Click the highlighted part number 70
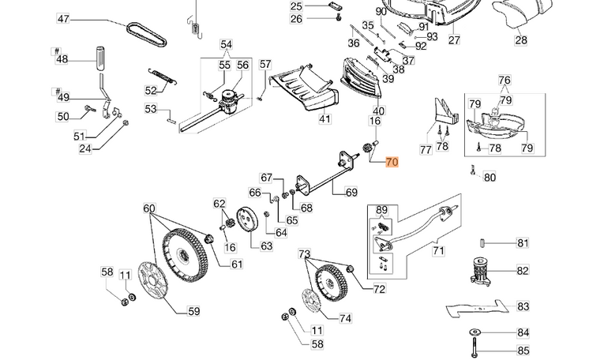(x=392, y=163)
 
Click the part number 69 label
(x=351, y=192)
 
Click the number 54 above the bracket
(x=227, y=44)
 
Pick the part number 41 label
(x=325, y=119)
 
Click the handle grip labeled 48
(x=101, y=58)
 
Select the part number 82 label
(x=523, y=271)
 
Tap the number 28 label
(x=521, y=39)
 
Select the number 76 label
(x=505, y=81)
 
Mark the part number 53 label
(x=151, y=109)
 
